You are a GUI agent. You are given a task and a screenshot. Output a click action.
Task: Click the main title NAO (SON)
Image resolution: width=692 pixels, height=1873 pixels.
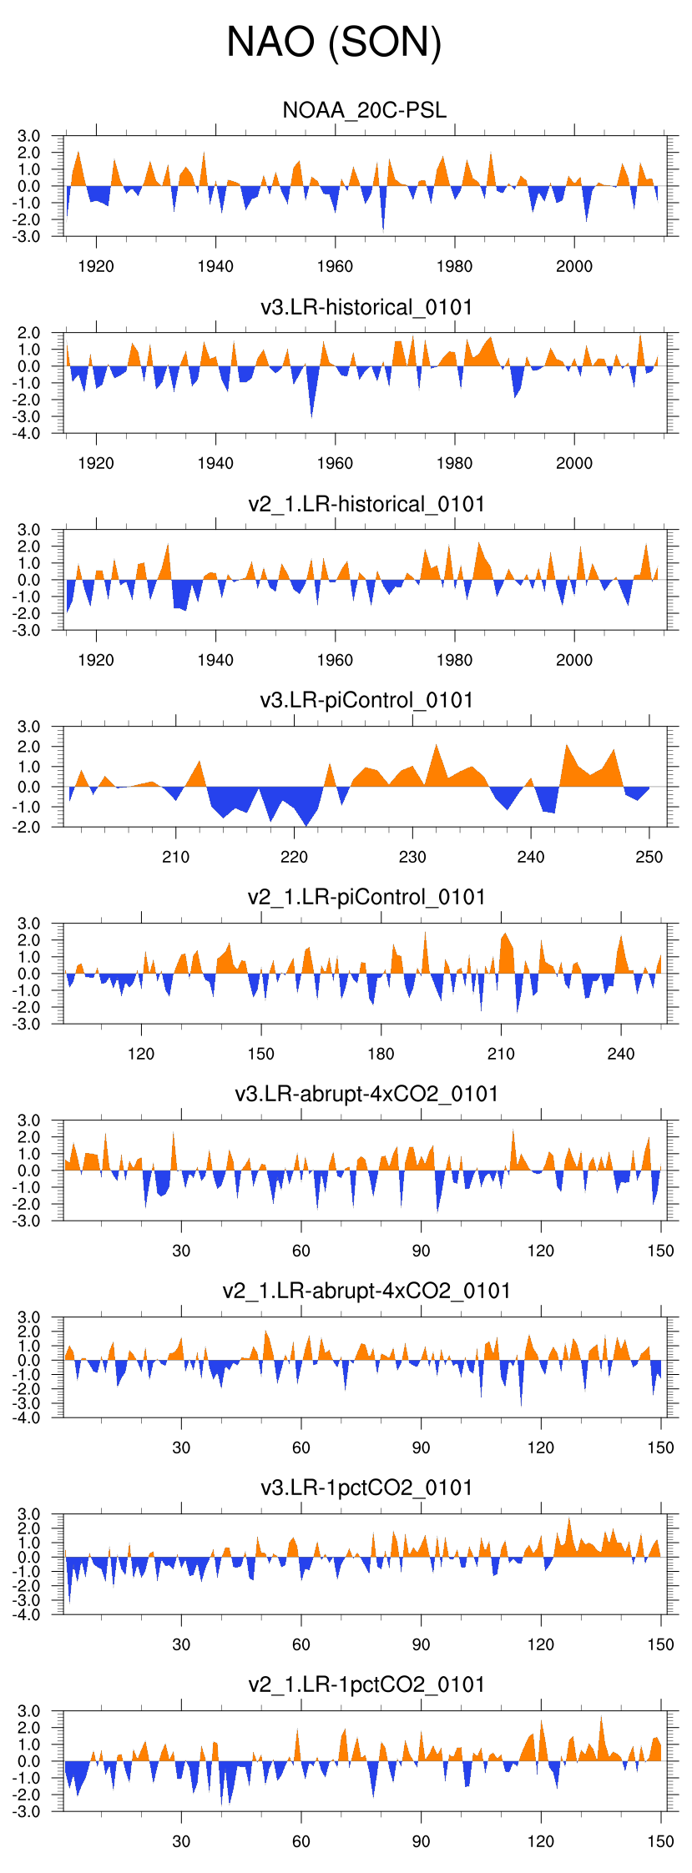pos(334,42)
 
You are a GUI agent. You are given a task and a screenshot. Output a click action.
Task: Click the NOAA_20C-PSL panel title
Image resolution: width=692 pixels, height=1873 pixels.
pos(365,110)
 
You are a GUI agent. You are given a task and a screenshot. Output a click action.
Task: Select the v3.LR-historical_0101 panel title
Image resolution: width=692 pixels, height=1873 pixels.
pos(366,307)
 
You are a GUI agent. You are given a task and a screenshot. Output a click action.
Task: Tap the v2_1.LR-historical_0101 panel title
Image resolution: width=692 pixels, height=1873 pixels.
pos(366,504)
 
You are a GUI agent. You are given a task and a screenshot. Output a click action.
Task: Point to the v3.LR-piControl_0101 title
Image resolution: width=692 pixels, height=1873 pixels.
pos(366,700)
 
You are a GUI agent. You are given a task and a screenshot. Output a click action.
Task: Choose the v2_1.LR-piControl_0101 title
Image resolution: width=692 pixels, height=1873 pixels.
pos(366,897)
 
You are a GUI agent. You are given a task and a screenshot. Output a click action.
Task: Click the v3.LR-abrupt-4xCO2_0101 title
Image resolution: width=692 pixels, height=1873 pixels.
pos(366,1094)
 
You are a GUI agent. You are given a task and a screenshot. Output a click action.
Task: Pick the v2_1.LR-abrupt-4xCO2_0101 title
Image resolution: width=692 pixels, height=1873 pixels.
pos(366,1291)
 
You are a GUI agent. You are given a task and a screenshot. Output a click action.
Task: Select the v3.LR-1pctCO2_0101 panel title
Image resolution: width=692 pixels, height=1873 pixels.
pos(366,1488)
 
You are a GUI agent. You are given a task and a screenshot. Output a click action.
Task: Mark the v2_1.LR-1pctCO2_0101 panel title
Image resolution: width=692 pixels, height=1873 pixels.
pos(366,1684)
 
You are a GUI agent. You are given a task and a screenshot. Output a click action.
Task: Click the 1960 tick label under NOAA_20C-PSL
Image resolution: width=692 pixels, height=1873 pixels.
pos(335,266)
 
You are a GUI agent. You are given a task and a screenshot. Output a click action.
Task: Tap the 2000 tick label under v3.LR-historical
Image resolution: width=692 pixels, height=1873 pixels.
pos(574,463)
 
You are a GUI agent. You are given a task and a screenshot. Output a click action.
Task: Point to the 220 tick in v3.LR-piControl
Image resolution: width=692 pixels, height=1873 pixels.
pos(294,857)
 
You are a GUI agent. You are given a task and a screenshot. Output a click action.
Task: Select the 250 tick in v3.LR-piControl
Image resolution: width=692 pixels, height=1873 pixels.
pos(649,857)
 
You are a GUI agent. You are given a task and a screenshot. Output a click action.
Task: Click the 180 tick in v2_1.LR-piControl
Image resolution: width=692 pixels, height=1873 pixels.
pos(381,1054)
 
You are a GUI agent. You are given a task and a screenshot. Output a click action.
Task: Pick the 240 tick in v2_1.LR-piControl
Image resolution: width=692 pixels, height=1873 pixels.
pos(621,1054)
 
